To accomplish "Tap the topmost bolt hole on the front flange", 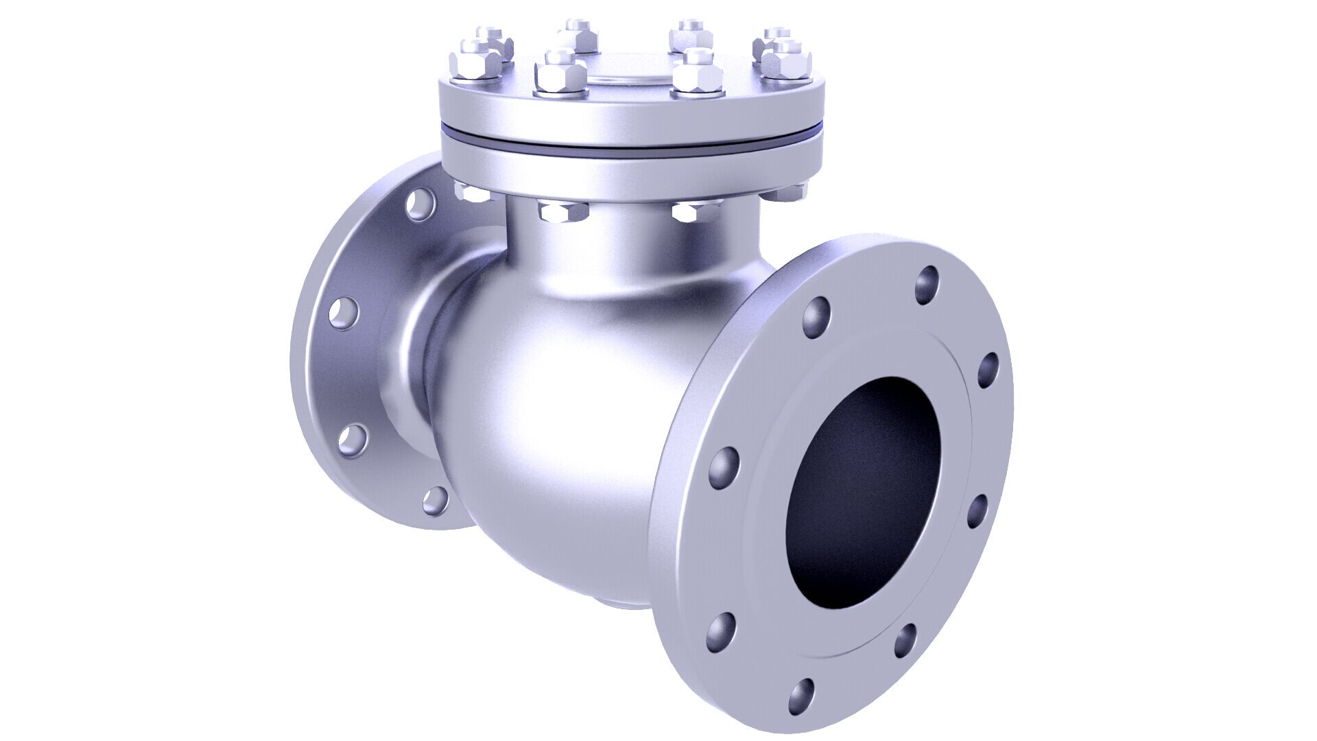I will pos(927,285).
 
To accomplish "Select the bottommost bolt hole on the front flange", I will pos(800,696).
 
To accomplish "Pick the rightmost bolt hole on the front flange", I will pos(988,370).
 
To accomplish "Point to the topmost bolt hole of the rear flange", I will pos(420,204).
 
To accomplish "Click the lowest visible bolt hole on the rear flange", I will pos(435,500).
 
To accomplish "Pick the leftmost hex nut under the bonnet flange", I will pos(471,191).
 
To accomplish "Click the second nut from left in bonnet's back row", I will pos(576,36).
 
